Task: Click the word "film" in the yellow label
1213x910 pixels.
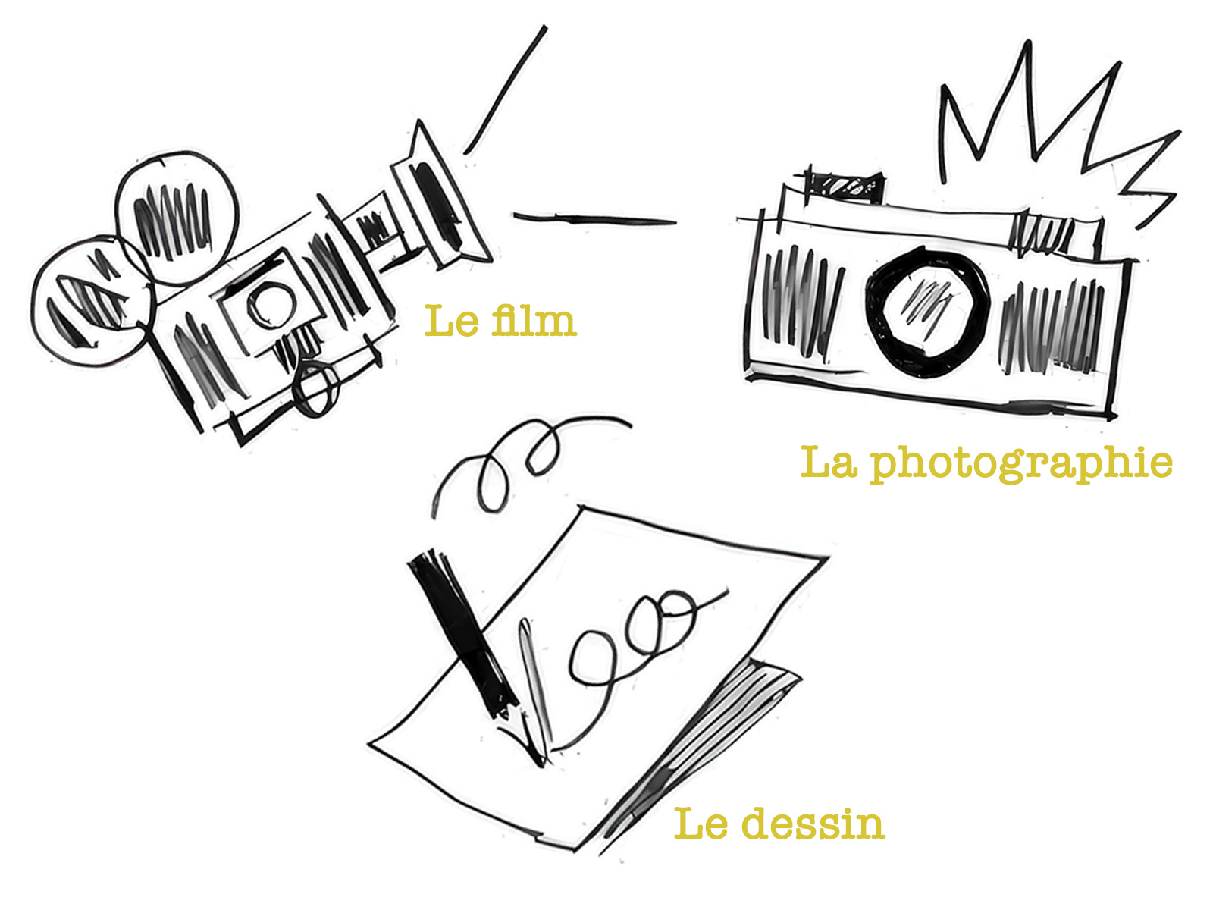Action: click(534, 321)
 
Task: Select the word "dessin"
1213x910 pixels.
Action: click(813, 824)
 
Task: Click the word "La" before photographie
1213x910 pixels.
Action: click(829, 462)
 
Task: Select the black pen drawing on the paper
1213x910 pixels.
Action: click(464, 635)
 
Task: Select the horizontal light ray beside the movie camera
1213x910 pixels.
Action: click(594, 219)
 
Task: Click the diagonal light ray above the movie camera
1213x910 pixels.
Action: click(506, 89)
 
